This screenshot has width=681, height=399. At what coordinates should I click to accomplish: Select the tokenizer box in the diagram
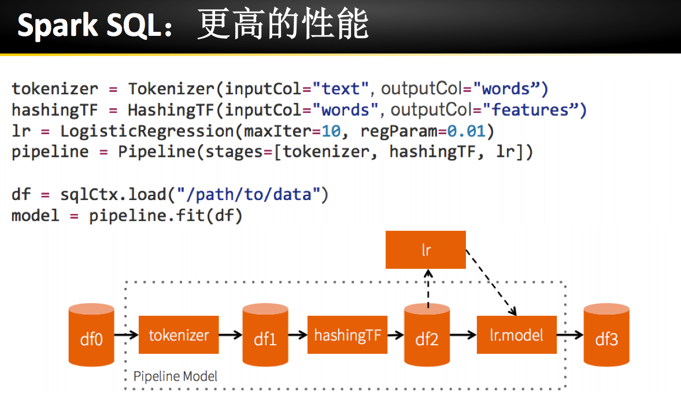click(179, 335)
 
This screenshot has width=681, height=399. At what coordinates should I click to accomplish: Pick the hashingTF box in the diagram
click(347, 335)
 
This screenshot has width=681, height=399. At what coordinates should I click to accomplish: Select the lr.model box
click(517, 335)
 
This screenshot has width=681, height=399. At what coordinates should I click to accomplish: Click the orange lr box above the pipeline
click(425, 250)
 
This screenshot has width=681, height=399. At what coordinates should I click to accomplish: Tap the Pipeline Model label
click(176, 376)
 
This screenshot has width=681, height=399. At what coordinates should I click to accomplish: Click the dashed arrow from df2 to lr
click(427, 287)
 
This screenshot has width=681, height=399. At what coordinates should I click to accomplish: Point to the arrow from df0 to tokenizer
click(126, 335)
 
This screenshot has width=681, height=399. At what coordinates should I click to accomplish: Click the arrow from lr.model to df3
click(570, 335)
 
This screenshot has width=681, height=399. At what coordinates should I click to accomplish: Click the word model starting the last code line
click(35, 216)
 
